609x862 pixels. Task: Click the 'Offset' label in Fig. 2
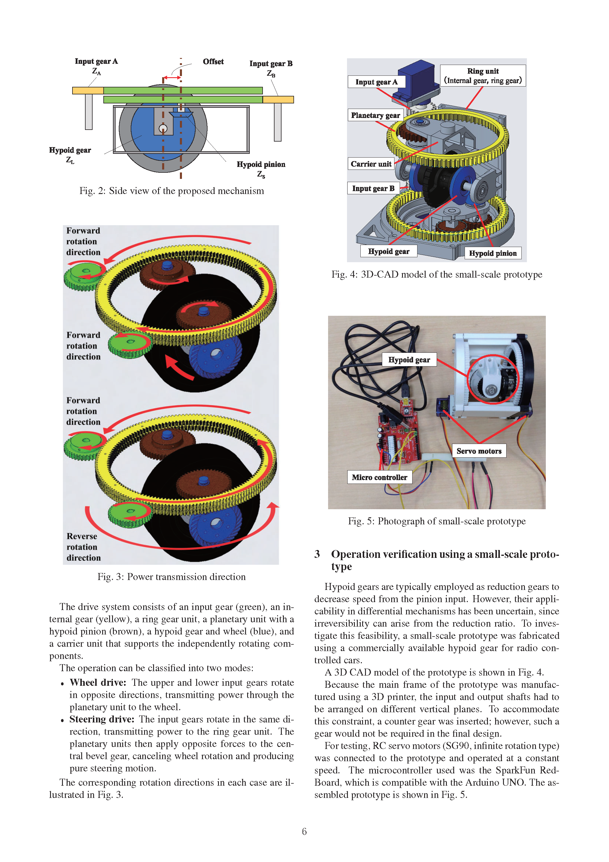[213, 61]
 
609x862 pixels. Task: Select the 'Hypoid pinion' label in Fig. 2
[261, 164]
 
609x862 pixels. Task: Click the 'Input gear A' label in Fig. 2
[96, 61]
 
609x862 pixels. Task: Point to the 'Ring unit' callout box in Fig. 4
[483, 75]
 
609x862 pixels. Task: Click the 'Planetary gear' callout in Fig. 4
[375, 115]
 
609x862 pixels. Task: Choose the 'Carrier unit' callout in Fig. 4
[371, 164]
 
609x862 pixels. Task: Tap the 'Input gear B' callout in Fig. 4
[373, 188]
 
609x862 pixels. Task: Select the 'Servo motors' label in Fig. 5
[479, 451]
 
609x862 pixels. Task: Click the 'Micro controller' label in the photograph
[379, 477]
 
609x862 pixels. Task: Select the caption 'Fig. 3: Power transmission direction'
[171, 577]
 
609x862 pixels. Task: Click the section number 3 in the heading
[317, 554]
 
